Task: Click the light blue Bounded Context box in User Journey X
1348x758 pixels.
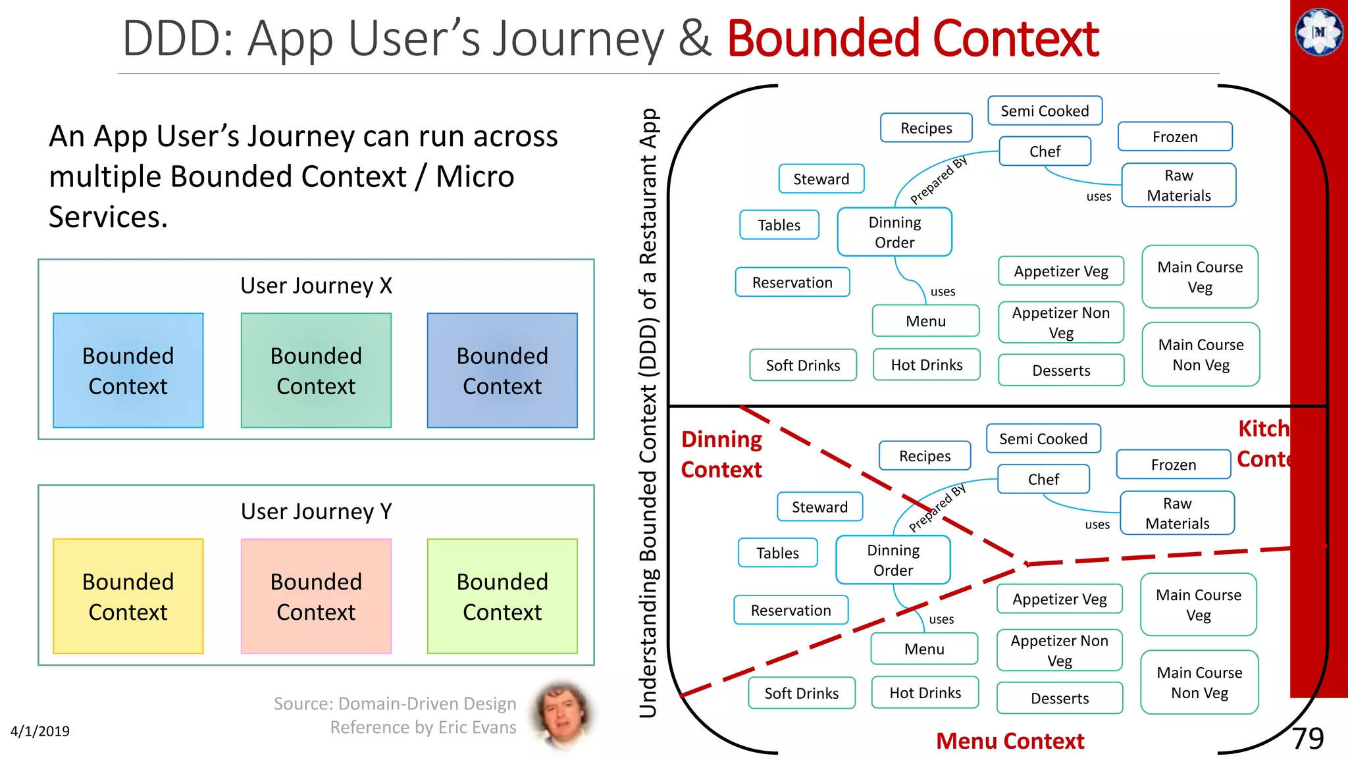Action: click(128, 370)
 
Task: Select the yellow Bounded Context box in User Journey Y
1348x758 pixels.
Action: click(128, 596)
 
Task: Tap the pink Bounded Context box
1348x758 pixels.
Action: click(316, 596)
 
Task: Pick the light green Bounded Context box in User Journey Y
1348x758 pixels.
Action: click(502, 596)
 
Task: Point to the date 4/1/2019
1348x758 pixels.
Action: click(40, 731)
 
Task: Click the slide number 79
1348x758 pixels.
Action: click(1307, 738)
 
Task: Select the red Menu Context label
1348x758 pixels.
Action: click(1010, 741)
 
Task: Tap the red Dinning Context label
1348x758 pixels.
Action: click(721, 454)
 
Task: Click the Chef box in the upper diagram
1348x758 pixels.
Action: click(1045, 151)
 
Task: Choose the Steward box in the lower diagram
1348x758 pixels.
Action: click(819, 507)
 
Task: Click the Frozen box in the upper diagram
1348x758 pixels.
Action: click(1175, 137)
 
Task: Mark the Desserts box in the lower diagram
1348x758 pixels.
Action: click(1060, 698)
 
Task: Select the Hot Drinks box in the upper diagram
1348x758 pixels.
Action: click(926, 365)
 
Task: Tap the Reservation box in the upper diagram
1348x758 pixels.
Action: click(792, 282)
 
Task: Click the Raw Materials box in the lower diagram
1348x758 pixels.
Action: click(1177, 513)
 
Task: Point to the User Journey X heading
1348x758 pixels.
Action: click(316, 286)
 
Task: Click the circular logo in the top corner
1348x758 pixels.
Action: click(1319, 32)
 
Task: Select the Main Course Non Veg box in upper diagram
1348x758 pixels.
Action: click(1201, 354)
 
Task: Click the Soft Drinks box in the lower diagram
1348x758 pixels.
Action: click(801, 693)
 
